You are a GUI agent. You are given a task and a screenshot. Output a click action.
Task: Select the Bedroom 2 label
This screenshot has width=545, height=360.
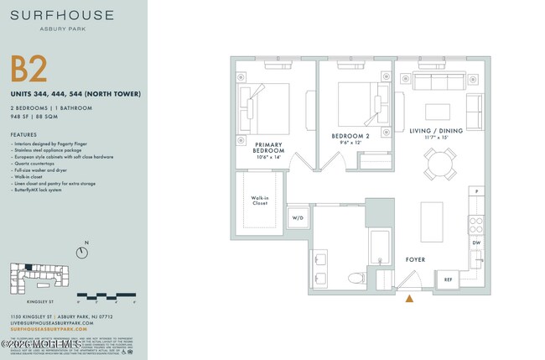350,138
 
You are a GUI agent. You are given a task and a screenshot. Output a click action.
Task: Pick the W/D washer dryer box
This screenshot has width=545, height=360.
298,217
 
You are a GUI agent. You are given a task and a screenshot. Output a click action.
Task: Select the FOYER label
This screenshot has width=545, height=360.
416,261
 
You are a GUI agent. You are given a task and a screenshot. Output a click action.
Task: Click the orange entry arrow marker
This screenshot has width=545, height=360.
409,297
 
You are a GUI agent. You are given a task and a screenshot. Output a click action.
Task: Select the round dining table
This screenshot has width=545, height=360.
439,163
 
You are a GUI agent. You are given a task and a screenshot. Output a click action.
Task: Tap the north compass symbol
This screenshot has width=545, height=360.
82,251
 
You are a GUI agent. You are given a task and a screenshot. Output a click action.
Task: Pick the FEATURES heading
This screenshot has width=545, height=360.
24,134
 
